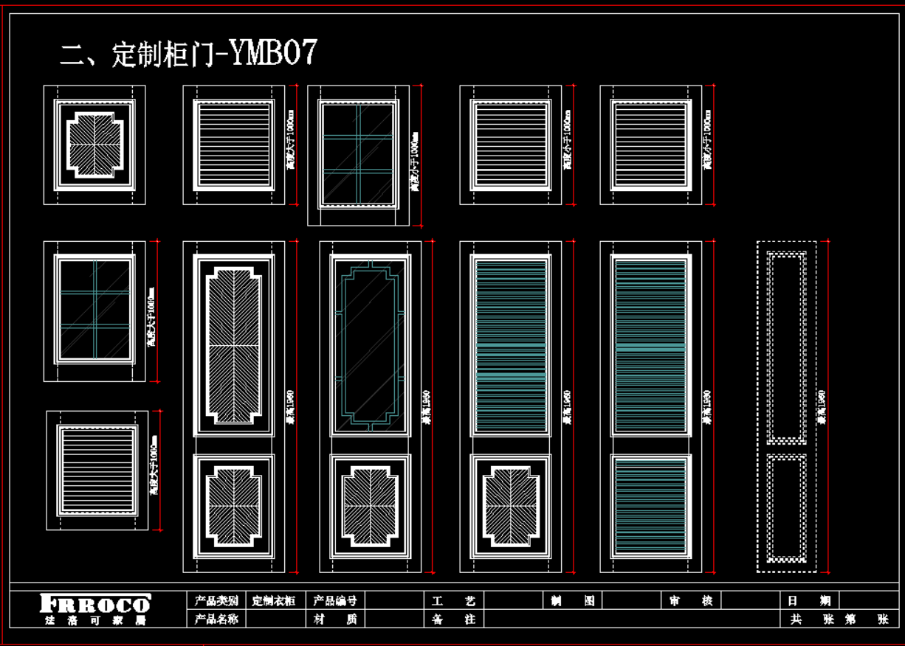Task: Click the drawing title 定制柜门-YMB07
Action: click(189, 54)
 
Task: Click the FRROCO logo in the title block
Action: click(95, 609)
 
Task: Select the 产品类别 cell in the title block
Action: click(216, 601)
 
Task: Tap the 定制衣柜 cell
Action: click(273, 601)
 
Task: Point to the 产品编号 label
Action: click(335, 601)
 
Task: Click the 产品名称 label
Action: click(216, 619)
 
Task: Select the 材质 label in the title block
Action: click(335, 619)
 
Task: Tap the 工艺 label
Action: click(453, 601)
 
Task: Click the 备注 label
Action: click(453, 619)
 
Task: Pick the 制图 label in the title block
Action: click(573, 601)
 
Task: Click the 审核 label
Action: click(691, 601)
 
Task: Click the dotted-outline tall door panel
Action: click(786, 406)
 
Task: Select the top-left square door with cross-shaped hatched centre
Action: click(94, 145)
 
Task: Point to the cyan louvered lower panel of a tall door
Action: click(650, 507)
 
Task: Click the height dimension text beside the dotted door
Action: click(822, 406)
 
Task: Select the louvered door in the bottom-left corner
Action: click(97, 470)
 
